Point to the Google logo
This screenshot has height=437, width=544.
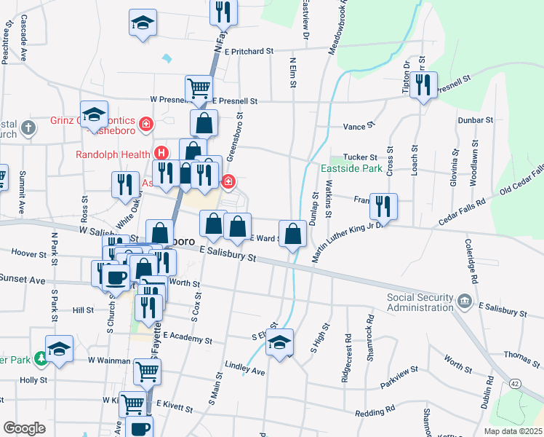[24, 428]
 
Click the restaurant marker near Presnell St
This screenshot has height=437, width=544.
[423, 85]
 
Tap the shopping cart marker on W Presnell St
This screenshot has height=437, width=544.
[198, 89]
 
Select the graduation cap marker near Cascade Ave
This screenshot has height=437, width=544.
[143, 22]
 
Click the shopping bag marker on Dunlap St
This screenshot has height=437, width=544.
[292, 234]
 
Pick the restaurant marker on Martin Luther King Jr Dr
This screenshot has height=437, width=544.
[383, 205]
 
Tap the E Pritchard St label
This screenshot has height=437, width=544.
[248, 52]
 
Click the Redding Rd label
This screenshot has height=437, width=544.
[375, 412]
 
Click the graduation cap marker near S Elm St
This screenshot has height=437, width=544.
[279, 343]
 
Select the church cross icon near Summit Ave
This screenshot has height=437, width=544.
[28, 129]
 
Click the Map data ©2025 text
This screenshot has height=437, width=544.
[513, 430]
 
